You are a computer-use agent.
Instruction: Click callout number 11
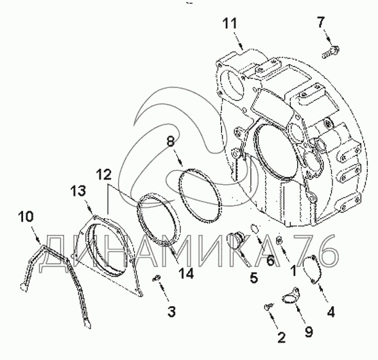[230, 23]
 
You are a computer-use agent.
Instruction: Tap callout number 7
[321, 22]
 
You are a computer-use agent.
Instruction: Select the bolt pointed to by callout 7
[331, 52]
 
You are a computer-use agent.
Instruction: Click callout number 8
[171, 141]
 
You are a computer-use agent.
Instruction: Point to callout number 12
[104, 175]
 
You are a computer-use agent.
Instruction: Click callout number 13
[78, 191]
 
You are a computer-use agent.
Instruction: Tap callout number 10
[26, 216]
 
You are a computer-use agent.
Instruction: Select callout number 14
[186, 273]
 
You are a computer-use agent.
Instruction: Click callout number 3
[171, 311]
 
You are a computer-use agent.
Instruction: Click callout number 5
[254, 277]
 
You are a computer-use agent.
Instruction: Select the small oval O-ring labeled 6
[255, 228]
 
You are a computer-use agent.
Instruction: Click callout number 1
[293, 270]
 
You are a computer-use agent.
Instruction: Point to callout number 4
[331, 312]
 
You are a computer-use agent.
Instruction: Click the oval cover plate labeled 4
[311, 269]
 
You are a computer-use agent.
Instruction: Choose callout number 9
[309, 332]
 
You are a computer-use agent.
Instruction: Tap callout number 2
[281, 337]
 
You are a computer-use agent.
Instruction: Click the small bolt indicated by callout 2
[268, 307]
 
